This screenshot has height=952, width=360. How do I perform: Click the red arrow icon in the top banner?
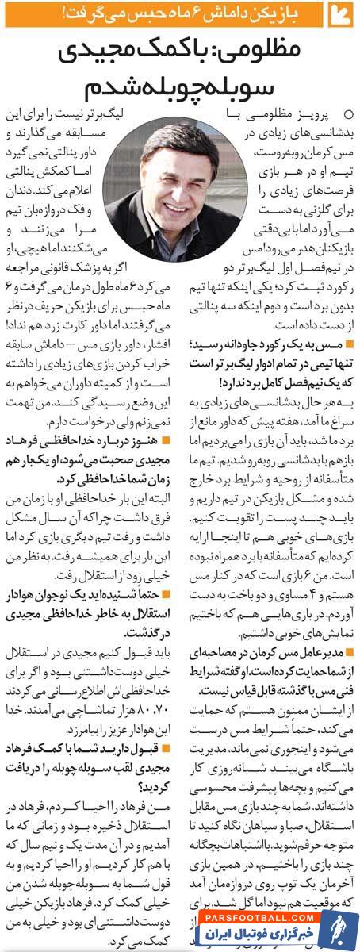[x=342, y=15]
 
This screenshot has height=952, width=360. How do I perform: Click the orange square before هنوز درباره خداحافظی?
[x=163, y=439]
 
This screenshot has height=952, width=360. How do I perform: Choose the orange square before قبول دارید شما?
[x=163, y=748]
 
